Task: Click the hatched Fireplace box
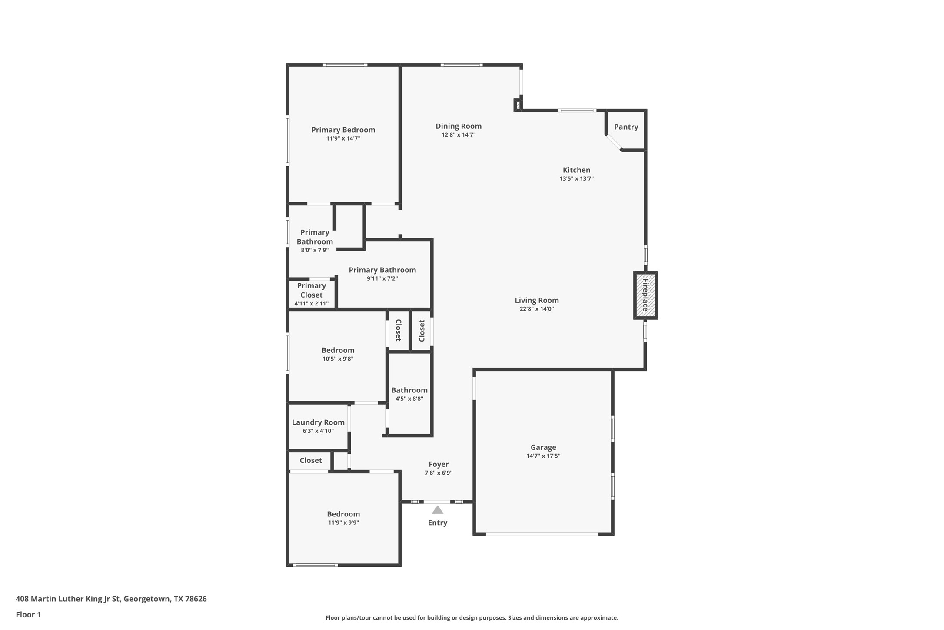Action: [x=645, y=295]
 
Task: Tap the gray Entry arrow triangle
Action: [x=437, y=510]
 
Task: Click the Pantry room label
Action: [x=626, y=127]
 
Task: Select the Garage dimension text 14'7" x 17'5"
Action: [x=543, y=456]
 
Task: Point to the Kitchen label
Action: [x=576, y=170]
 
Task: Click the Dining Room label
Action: [x=459, y=126]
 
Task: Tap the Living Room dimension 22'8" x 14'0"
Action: [x=537, y=309]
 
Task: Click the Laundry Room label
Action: [x=318, y=422]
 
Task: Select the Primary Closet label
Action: [x=311, y=290]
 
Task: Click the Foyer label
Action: [x=439, y=464]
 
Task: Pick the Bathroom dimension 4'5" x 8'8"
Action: [x=409, y=399]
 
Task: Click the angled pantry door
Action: [x=614, y=143]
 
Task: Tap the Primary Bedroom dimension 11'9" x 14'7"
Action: [x=343, y=138]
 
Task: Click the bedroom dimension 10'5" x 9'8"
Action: [x=338, y=359]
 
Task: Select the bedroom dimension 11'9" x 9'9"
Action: [x=343, y=523]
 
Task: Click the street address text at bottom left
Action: [x=111, y=599]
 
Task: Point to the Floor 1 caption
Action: [x=28, y=615]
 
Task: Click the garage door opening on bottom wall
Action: [x=542, y=534]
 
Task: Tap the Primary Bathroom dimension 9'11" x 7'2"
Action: [x=382, y=278]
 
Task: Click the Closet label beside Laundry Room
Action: [x=310, y=460]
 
